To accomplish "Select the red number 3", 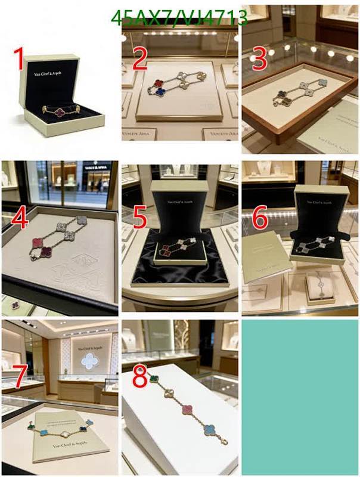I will point(259,58).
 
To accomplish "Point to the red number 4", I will point(19,219).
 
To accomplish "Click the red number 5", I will point(139,218).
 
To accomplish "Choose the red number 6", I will point(259,218).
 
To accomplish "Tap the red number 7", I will point(19,376).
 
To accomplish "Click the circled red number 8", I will point(139,377).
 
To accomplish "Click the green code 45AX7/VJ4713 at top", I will point(179,19).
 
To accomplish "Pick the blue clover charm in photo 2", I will point(160,92).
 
